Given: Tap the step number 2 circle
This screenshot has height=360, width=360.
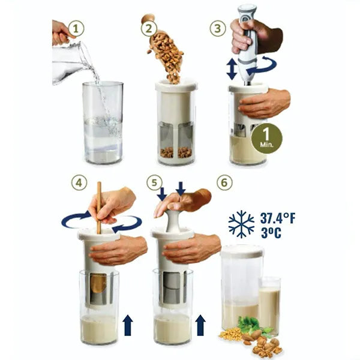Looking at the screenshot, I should [148, 28].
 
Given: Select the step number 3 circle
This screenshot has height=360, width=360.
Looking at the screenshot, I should [218, 28].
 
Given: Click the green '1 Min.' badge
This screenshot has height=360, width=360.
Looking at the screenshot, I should [266, 138].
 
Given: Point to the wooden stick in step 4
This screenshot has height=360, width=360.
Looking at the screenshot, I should [99, 207].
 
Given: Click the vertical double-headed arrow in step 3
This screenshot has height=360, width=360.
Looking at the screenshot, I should [232, 69].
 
